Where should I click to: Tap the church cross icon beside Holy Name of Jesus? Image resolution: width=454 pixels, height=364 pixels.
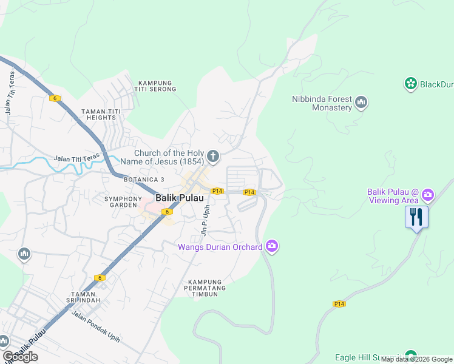pos(212,157)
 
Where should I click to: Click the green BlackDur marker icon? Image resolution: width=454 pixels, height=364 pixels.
pos(411,84)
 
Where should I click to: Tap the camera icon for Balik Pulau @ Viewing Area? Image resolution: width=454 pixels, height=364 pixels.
pos(428,195)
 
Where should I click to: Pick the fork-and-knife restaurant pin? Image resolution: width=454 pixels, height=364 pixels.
pos(416,217)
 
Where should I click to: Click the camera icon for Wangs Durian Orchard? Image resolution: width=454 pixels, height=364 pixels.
pos(271,246)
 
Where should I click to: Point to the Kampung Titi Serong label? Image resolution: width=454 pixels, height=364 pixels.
pos(157,86)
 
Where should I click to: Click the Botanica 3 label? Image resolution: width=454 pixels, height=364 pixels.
pos(144,180)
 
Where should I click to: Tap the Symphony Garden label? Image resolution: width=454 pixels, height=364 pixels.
pos(123,202)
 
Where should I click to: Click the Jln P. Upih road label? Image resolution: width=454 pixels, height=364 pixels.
pos(205,221)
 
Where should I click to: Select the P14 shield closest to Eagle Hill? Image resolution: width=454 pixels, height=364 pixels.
pos(339,303)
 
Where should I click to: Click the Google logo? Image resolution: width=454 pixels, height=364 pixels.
pos(20,357)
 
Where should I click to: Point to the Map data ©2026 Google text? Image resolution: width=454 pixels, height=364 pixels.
pos(416,359)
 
